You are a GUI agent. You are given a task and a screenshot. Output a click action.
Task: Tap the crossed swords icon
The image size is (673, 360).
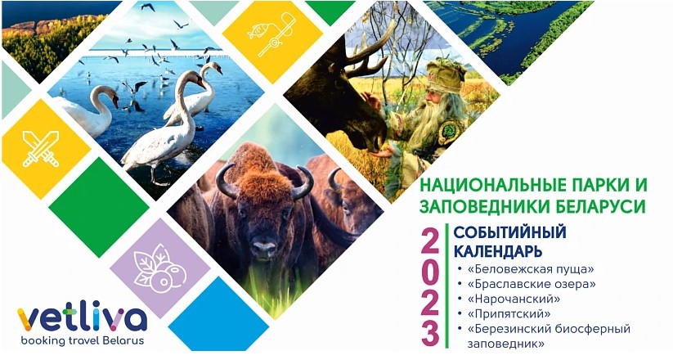41,149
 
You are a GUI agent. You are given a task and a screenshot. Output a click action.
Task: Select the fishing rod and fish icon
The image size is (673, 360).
271,35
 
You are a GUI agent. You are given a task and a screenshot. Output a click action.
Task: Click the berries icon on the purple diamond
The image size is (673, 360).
158,268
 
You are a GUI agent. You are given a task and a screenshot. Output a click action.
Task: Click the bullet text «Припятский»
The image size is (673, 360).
509,313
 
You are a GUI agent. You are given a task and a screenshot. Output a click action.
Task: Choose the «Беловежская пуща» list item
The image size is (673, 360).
532,269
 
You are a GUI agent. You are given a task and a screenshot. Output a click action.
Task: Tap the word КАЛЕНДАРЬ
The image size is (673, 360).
498,250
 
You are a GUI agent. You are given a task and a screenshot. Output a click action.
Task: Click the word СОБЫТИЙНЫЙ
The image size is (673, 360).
510,232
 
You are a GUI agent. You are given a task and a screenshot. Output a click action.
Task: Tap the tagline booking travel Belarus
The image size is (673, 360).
83,341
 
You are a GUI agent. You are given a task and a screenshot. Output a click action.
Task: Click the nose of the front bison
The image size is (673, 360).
263,248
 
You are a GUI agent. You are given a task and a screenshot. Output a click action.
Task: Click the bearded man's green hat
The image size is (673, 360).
445,75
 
